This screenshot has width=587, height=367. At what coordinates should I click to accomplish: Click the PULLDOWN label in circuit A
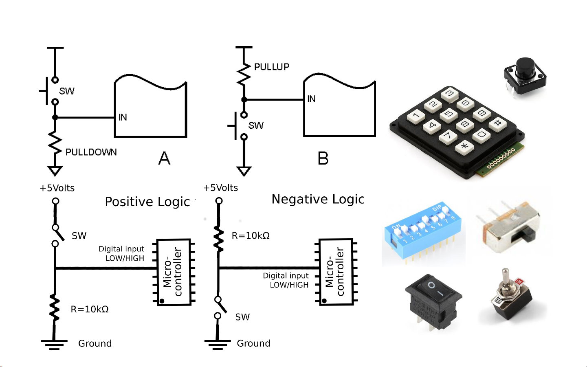91,152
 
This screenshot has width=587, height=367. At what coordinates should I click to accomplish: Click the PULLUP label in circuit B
271,67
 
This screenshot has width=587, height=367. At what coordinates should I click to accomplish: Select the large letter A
164,158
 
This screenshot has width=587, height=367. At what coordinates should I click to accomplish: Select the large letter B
323,158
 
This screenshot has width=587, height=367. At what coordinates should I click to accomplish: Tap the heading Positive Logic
147,202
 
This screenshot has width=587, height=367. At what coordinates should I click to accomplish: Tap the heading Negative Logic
318,199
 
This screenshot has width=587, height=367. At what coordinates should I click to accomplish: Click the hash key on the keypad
497,123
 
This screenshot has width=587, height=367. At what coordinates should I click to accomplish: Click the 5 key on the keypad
448,114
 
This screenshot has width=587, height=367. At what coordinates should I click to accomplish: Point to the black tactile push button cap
525,68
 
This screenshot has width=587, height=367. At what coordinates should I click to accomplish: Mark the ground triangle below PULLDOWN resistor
55,170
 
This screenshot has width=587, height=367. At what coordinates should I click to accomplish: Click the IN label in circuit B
311,99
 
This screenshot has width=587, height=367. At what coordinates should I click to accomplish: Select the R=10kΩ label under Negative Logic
251,236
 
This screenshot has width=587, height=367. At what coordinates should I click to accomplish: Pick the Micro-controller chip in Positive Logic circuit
174,272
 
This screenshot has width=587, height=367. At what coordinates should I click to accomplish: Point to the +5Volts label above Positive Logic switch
57,188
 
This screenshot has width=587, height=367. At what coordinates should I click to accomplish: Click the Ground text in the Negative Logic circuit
253,343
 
